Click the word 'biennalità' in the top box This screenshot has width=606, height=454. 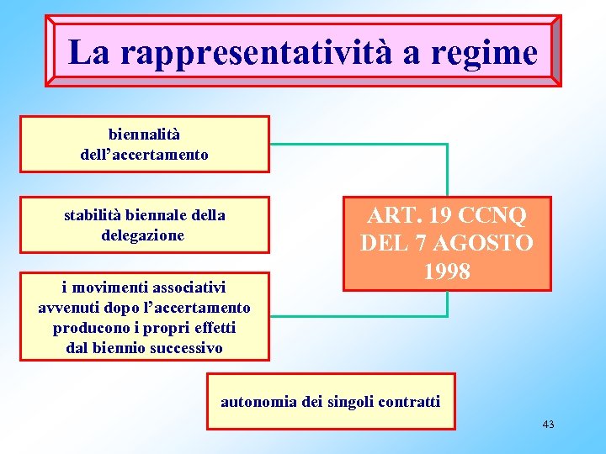(x=144, y=134)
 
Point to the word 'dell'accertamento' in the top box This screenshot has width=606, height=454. (x=144, y=155)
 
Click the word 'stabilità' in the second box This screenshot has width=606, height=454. (x=93, y=215)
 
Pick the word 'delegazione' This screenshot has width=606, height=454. (x=142, y=235)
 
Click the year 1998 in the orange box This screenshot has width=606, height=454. (x=447, y=272)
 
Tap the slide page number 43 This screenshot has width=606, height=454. (x=548, y=425)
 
